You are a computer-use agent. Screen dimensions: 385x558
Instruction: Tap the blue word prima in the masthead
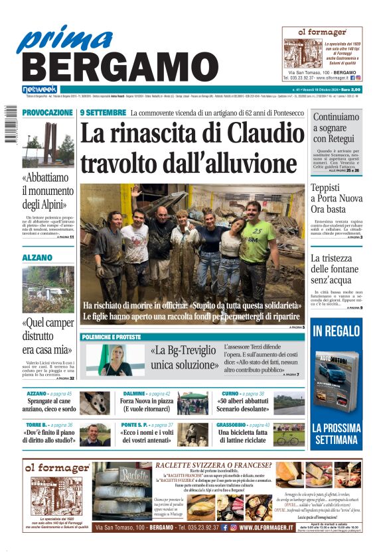65,38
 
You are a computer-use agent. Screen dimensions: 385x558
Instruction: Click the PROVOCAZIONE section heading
47,113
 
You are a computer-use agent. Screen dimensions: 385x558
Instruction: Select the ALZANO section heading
37,257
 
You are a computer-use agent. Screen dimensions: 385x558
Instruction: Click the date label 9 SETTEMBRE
103,113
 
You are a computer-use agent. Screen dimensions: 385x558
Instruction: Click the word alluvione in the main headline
240,162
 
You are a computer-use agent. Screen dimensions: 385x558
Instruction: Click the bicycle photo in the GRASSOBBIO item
287,437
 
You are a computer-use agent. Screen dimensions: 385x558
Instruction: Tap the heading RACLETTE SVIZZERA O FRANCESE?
212,466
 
